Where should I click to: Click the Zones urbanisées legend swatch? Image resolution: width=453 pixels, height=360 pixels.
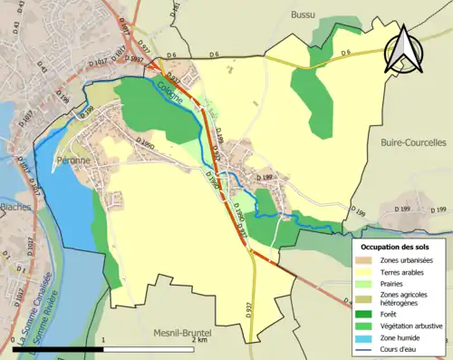(367, 261)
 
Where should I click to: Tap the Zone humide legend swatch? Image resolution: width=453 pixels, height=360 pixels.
(367, 338)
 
